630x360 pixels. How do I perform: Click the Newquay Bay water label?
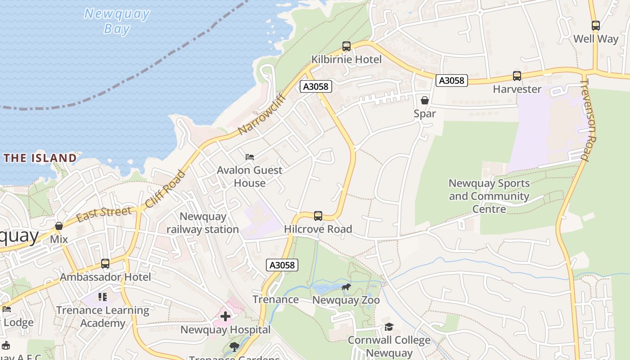(117, 21)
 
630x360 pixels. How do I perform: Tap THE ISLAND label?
(40, 158)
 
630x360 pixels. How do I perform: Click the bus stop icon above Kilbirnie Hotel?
(346, 46)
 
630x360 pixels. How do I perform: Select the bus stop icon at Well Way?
(595, 26)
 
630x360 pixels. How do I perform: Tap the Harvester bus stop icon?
(517, 76)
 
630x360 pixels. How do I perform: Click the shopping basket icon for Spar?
(424, 100)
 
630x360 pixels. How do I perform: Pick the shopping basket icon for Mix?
(59, 226)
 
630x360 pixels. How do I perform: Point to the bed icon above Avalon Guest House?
(250, 157)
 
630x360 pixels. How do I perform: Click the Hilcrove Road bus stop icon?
(318, 216)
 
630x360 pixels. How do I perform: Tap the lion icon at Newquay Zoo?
(346, 287)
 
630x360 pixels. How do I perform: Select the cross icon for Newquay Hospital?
(225, 316)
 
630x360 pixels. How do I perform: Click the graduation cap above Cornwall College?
(389, 327)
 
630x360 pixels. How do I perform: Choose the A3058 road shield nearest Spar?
(451, 81)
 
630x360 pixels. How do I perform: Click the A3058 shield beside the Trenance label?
(282, 265)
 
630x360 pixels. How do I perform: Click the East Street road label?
(104, 214)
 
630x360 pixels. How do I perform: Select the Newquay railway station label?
(202, 223)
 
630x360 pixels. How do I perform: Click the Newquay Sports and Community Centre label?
(489, 196)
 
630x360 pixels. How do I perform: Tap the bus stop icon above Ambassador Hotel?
(105, 264)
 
